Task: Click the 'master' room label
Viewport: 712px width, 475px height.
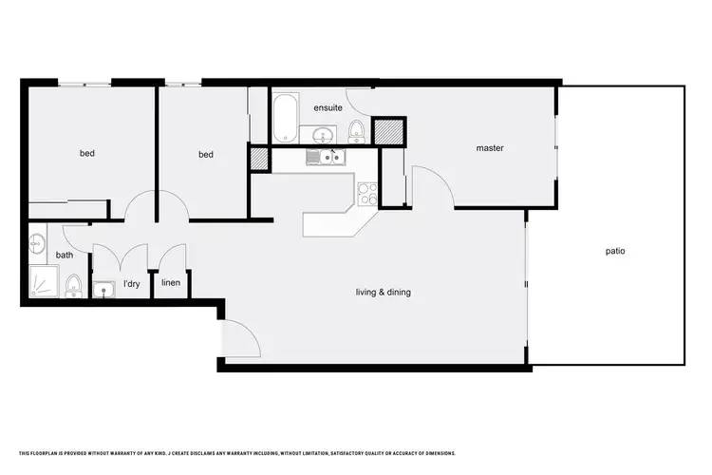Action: (x=490, y=148)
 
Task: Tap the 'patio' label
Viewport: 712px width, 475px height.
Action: (x=615, y=252)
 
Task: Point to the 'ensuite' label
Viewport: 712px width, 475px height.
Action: (x=328, y=107)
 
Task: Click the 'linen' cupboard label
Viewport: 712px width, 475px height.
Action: (x=172, y=283)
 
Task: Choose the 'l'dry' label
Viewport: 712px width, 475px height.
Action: (x=131, y=284)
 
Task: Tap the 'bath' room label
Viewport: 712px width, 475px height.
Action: (x=65, y=255)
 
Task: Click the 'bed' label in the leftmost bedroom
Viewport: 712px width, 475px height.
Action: (x=86, y=153)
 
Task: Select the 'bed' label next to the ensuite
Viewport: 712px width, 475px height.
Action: (x=207, y=154)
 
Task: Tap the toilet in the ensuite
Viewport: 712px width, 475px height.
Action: (x=355, y=129)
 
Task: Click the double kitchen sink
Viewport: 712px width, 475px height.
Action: (x=325, y=159)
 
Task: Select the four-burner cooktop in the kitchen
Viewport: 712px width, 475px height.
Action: (x=366, y=193)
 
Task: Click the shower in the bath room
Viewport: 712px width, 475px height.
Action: (x=43, y=282)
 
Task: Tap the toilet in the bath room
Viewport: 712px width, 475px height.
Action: (x=72, y=286)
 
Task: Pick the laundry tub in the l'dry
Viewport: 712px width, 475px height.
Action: (x=103, y=289)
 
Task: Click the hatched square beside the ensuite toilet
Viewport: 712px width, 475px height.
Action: (x=388, y=130)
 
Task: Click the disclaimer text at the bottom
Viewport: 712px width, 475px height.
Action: (x=237, y=453)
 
